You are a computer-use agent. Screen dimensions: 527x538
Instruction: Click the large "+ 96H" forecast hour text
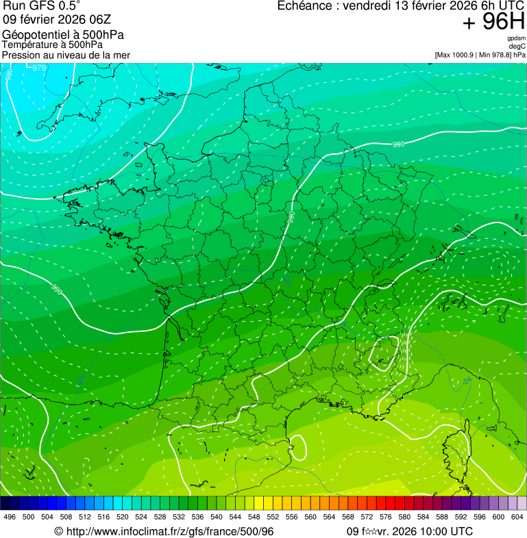pyautogui.click(x=493, y=23)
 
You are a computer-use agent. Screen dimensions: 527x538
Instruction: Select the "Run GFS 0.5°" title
pyautogui.click(x=41, y=6)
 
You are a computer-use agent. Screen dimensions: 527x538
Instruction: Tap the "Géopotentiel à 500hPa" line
pyautogui.click(x=63, y=35)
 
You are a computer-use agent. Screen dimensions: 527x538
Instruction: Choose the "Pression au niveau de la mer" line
pyautogui.click(x=66, y=55)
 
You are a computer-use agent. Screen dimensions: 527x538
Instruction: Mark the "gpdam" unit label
pyautogui.click(x=516, y=38)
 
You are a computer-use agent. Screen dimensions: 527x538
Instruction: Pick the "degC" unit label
pyautogui.click(x=518, y=47)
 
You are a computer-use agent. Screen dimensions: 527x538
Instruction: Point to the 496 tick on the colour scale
pyautogui.click(x=10, y=517)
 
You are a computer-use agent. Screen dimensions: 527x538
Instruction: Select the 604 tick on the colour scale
pyautogui.click(x=517, y=517)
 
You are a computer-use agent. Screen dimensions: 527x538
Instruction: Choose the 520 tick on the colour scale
pyautogui.click(x=122, y=517)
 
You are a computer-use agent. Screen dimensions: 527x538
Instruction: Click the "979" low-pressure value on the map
pyautogui.click(x=40, y=68)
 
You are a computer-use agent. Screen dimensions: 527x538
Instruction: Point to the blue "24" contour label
pyautogui.click(x=467, y=381)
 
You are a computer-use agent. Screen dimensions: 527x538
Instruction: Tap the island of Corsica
pyautogui.click(x=455, y=445)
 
